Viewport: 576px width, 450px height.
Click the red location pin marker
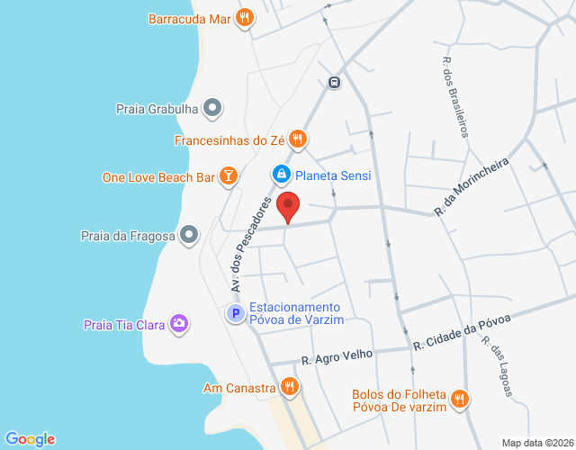click(288, 206)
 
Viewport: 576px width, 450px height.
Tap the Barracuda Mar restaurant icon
click(244, 17)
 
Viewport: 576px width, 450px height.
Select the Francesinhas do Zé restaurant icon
click(299, 139)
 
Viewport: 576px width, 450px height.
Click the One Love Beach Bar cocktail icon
click(229, 176)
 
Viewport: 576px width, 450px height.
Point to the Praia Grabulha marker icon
click(212, 110)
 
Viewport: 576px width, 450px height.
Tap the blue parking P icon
click(234, 314)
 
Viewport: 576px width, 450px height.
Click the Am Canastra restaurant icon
click(289, 388)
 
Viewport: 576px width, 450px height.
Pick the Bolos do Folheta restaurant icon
click(459, 398)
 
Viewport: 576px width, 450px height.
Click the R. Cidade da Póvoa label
click(462, 332)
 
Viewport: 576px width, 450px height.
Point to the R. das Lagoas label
click(496, 365)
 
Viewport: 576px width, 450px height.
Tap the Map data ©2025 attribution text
click(536, 443)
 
